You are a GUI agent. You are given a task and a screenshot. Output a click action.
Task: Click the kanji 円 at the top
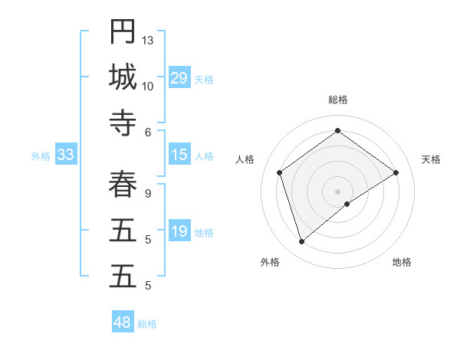click(x=123, y=31)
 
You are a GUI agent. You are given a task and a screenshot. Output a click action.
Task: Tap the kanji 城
click(x=123, y=77)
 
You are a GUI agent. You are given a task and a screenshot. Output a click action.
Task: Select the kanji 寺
click(x=123, y=123)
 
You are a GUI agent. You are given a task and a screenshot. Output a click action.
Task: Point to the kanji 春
click(x=123, y=184)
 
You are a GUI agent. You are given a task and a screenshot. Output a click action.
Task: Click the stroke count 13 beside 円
click(x=148, y=40)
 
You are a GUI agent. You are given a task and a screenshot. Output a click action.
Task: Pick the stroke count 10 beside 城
click(x=148, y=86)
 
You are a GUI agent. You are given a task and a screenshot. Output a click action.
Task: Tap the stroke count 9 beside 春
click(x=148, y=193)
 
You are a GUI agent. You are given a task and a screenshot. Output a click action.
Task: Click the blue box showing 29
click(x=179, y=77)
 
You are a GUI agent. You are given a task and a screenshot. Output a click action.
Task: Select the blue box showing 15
click(x=179, y=155)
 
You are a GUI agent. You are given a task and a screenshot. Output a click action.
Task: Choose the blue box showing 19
click(x=179, y=231)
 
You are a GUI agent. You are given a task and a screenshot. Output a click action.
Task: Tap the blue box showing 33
click(x=65, y=155)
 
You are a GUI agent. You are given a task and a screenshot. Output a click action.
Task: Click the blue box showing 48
click(x=123, y=322)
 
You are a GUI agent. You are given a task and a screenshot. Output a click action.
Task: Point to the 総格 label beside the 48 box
click(x=147, y=324)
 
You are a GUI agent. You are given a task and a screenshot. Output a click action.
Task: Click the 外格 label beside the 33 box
click(x=41, y=156)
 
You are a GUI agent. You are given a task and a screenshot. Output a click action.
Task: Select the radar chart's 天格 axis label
click(x=431, y=159)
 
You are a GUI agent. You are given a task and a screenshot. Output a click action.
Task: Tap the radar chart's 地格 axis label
click(x=402, y=262)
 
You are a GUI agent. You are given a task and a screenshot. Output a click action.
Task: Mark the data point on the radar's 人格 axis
click(x=280, y=172)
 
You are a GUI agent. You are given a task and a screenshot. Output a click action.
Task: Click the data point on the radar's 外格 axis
click(x=302, y=242)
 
